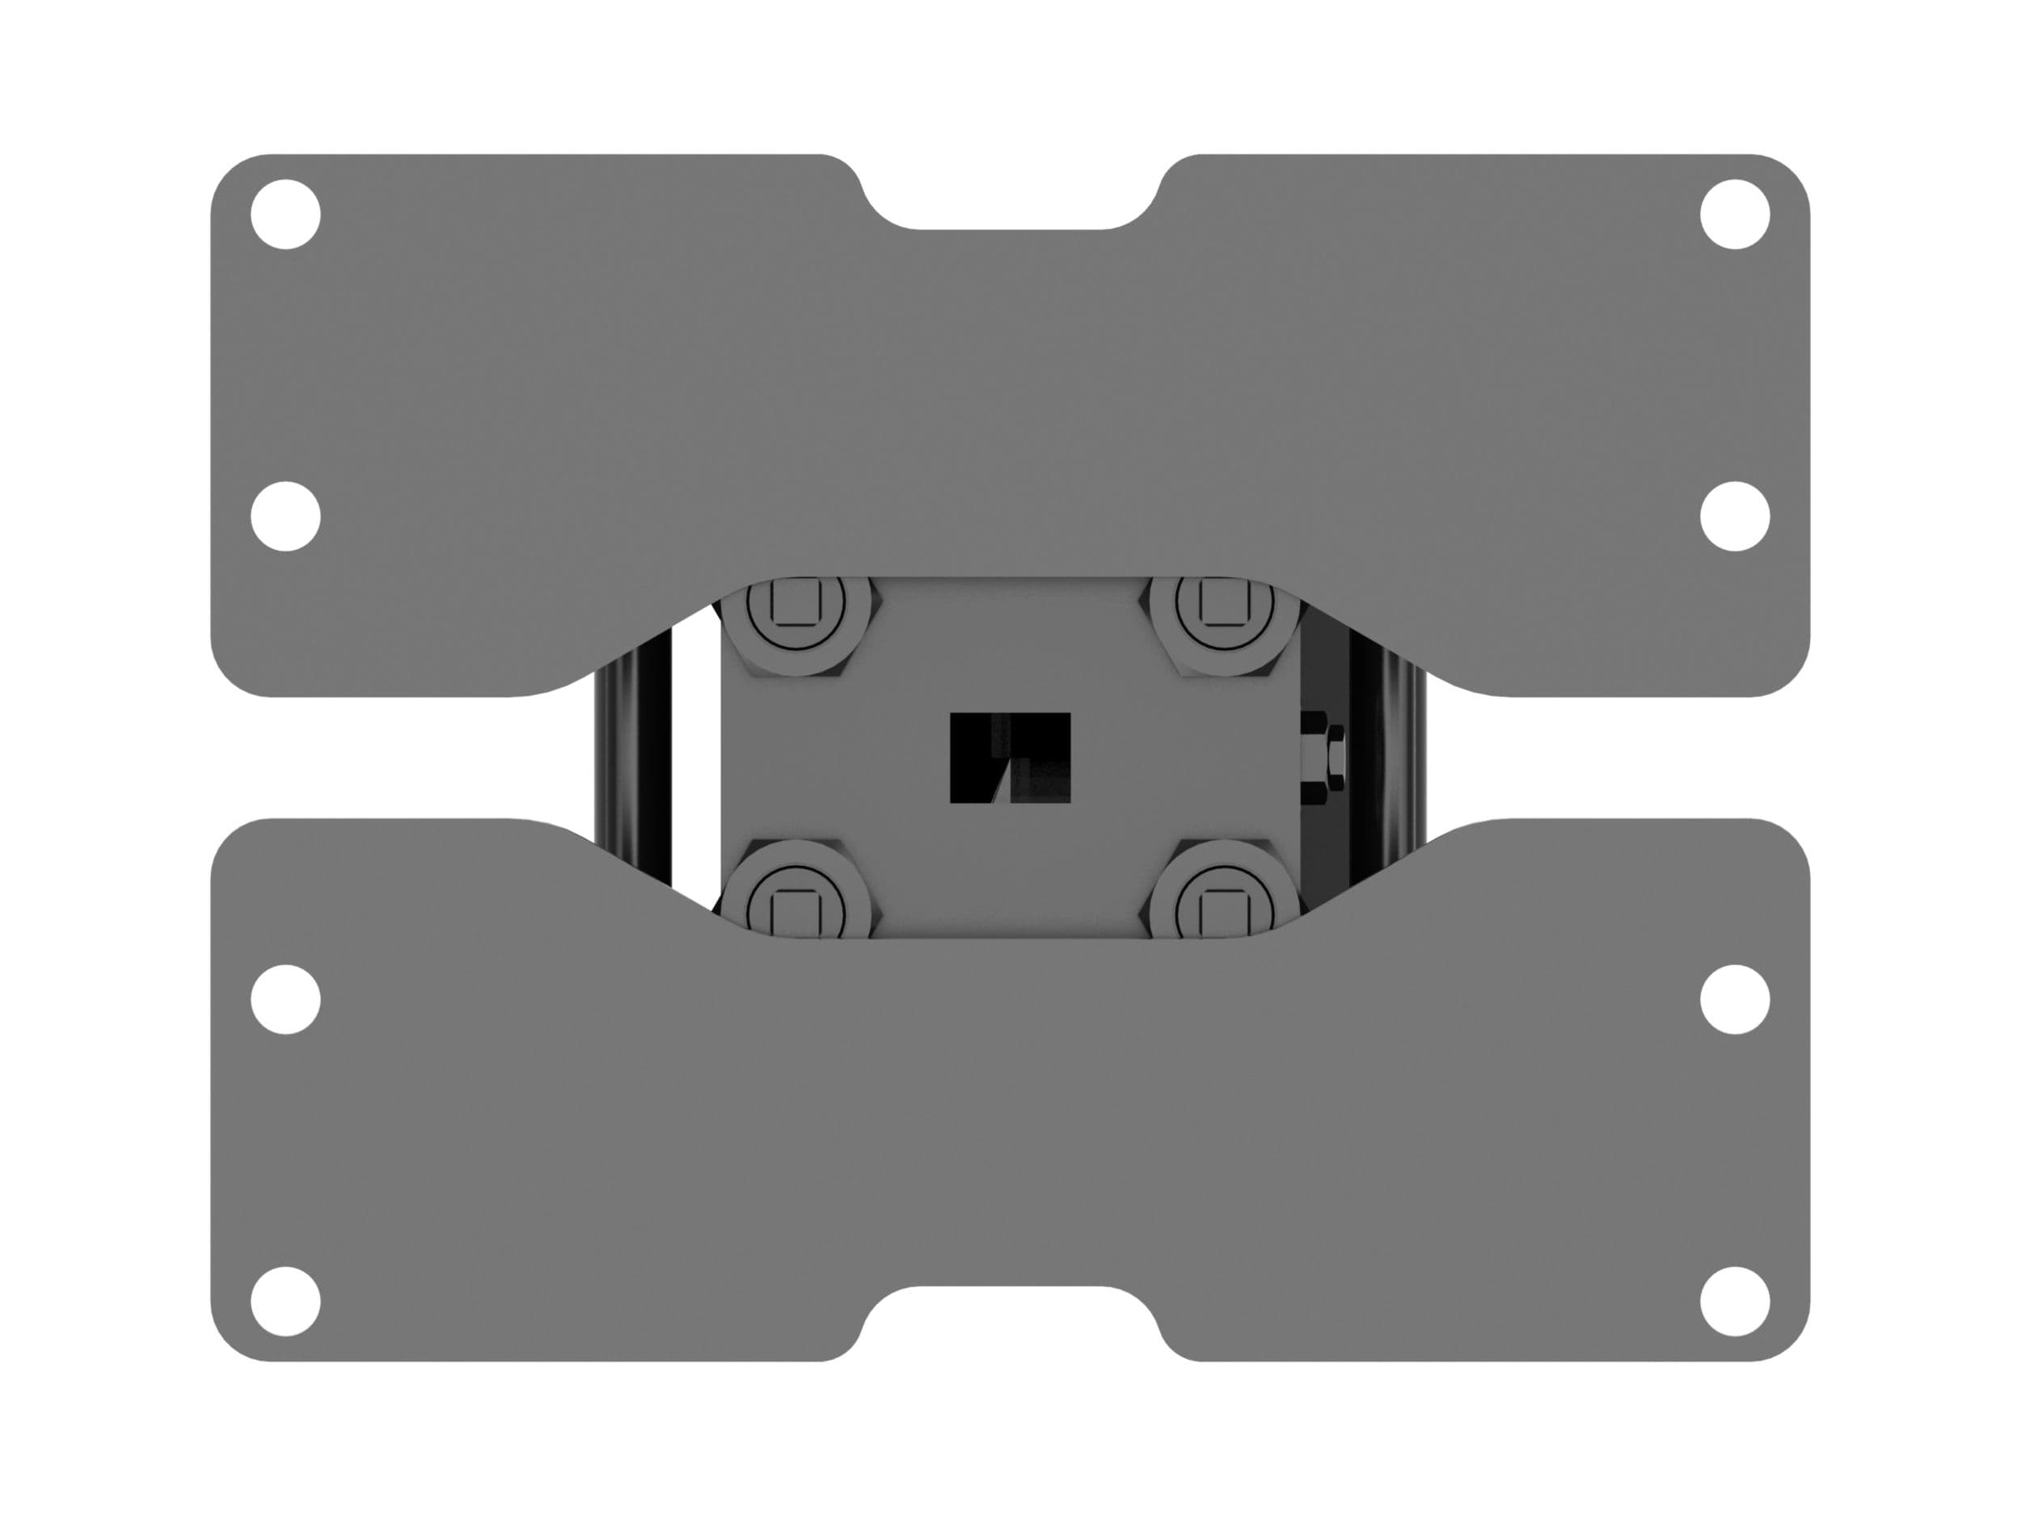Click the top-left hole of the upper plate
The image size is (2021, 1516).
point(286,213)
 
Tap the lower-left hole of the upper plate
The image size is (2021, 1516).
point(286,517)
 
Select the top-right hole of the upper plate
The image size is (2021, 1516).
point(1735,213)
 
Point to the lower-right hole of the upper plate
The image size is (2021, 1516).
point(1735,517)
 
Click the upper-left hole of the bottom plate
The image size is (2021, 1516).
point(286,999)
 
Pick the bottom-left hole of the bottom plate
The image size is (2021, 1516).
point(286,1301)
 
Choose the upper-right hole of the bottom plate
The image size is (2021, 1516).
point(1735,999)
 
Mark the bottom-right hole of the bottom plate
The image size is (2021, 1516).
point(1735,1301)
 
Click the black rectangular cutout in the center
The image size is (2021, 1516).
point(1010,758)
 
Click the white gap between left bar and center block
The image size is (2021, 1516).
point(696,758)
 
